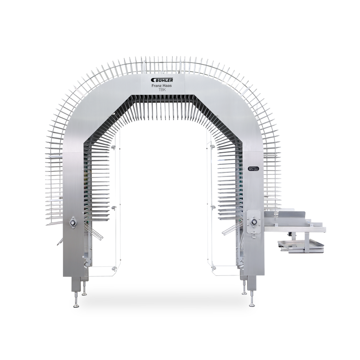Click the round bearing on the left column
coord(73,222)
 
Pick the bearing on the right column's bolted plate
coord(254,222)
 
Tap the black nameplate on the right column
coord(253,169)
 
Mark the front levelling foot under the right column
coord(252,304)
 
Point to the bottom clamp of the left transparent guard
coord(114,269)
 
